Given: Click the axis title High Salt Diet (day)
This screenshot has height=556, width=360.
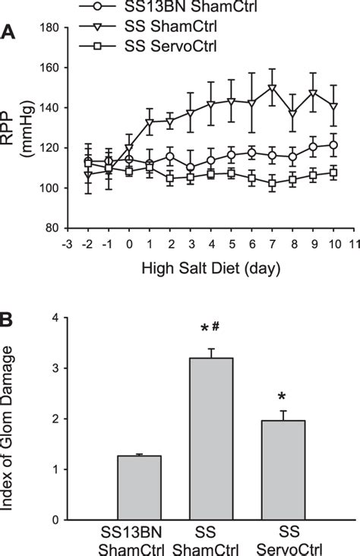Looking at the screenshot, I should [210, 267].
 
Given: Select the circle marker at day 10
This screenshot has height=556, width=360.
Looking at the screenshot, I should [333, 144].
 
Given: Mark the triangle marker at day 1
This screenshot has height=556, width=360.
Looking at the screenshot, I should [150, 122].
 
